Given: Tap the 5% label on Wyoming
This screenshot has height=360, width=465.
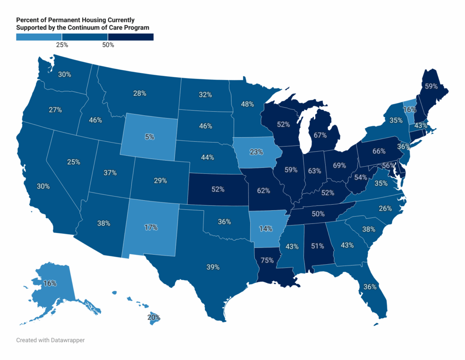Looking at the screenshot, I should coord(150,136).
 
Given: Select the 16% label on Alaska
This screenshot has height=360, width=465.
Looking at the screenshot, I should coord(50,283).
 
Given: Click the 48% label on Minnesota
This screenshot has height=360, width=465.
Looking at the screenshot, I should coord(247,104).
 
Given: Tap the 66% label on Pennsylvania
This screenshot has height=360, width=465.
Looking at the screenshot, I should coord(378,151).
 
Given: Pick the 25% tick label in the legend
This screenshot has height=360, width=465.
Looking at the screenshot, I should coord(62,45).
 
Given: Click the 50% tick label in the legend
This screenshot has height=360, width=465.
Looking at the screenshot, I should coord(108,45).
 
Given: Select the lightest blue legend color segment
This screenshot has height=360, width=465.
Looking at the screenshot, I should coord(39,37).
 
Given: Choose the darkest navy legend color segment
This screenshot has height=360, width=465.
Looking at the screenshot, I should coord(131,37).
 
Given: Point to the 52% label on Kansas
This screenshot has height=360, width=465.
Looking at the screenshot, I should coord(218,189).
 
